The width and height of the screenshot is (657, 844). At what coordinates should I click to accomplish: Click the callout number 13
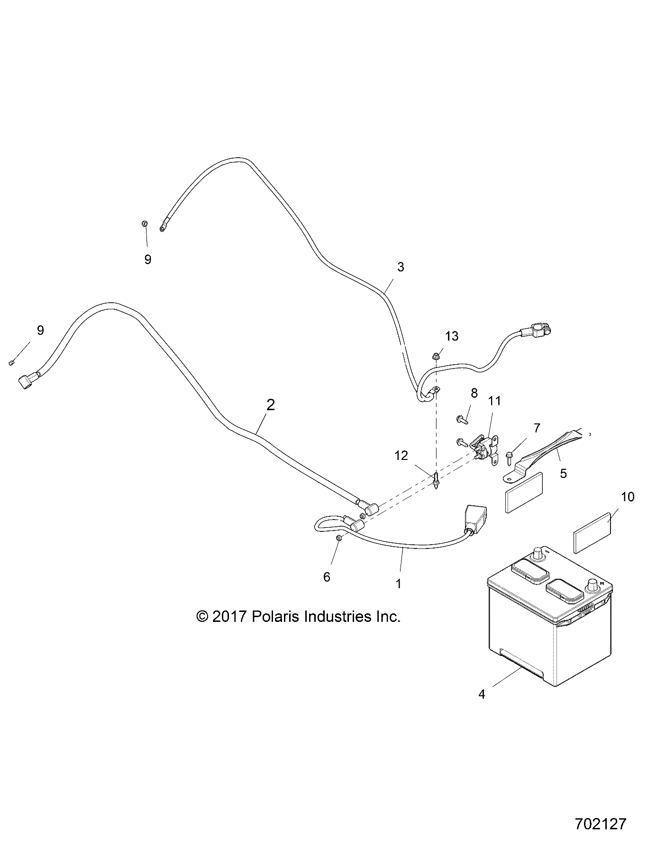pos(451,336)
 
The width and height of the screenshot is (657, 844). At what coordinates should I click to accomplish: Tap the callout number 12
pos(401,456)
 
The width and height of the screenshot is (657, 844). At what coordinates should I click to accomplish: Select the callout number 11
pos(494,401)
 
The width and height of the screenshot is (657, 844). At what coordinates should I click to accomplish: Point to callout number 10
pos(627,497)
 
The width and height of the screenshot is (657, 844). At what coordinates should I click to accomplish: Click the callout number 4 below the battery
pos(482,694)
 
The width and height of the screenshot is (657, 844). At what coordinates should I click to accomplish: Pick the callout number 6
pos(327,577)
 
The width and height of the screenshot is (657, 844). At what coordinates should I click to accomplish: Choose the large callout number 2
pos(271,405)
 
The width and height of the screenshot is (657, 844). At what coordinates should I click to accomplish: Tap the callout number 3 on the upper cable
pos(401,267)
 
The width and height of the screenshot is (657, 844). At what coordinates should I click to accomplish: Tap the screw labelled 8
pos(461,419)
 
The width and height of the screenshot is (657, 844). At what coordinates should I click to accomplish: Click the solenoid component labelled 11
pos(486,448)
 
